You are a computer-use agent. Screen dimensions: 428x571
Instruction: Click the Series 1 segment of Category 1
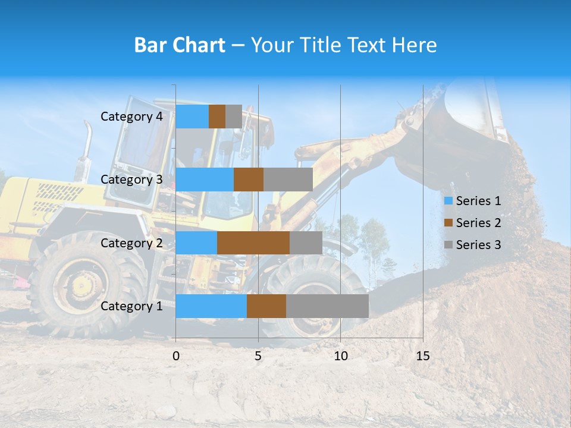pyautogui.click(x=211, y=306)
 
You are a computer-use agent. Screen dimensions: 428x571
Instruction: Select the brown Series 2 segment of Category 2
pyautogui.click(x=253, y=243)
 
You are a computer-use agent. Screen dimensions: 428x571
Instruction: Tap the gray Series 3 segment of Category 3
pyautogui.click(x=288, y=180)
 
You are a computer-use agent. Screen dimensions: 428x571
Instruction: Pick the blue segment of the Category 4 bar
pyautogui.click(x=192, y=117)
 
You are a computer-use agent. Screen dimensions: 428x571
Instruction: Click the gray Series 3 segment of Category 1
pyautogui.click(x=327, y=306)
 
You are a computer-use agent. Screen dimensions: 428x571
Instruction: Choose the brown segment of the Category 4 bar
pyautogui.click(x=217, y=117)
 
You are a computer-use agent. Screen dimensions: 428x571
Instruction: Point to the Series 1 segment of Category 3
pyautogui.click(x=205, y=180)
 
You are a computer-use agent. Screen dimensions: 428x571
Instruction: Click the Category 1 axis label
pyautogui.click(x=131, y=306)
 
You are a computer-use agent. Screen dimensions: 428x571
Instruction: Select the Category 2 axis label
pyautogui.click(x=131, y=243)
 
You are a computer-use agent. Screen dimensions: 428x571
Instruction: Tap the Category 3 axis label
pyautogui.click(x=131, y=180)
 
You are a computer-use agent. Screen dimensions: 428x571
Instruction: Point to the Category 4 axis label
pyautogui.click(x=131, y=117)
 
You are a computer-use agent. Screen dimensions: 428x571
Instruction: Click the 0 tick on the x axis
pyautogui.click(x=176, y=356)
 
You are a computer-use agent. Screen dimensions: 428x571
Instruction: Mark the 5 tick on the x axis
pyautogui.click(x=258, y=356)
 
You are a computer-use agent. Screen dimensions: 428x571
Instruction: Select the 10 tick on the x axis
pyautogui.click(x=340, y=356)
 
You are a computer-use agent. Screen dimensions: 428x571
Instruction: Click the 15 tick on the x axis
pyautogui.click(x=423, y=356)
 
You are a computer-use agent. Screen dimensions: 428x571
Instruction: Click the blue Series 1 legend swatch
pyautogui.click(x=448, y=201)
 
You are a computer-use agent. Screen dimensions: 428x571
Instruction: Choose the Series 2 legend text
pyautogui.click(x=478, y=223)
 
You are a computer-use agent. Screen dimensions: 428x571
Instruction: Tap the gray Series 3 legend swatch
pyautogui.click(x=448, y=245)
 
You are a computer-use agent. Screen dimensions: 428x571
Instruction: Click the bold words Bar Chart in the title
pyautogui.click(x=180, y=45)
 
